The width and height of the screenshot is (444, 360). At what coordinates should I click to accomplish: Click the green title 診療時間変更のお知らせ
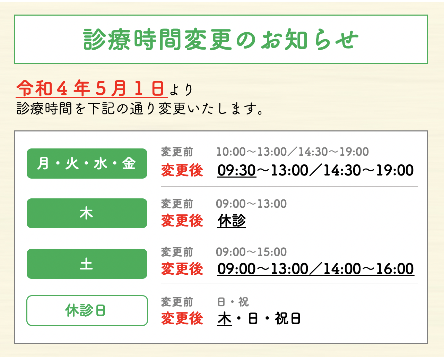coord(220,39)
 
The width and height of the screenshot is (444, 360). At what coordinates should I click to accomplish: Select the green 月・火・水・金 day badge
coord(87,163)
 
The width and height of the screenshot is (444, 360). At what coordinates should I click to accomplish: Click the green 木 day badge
coord(87,213)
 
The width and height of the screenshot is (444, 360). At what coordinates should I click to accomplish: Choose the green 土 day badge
coord(87,264)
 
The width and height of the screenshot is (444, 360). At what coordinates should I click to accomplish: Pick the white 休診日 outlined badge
coord(87,310)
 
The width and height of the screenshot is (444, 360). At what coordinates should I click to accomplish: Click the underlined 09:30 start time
coord(237,170)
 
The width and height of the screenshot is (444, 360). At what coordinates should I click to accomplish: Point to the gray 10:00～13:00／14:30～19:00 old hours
coord(293,152)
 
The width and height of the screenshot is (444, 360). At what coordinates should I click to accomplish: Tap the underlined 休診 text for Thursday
coord(232,221)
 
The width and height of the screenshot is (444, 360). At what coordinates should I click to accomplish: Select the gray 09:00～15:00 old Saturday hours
coord(251,252)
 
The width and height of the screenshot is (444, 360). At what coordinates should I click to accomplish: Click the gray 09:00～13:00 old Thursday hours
coord(251,204)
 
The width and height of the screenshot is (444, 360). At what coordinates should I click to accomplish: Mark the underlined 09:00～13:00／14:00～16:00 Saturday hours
coord(316,269)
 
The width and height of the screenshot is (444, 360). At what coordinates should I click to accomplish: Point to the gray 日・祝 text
coord(233,302)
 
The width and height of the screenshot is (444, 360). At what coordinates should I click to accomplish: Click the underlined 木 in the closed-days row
coord(225,319)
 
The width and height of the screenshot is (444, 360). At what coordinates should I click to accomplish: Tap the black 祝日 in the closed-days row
coord(288,318)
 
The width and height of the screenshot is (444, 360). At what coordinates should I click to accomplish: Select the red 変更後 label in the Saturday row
coord(182,269)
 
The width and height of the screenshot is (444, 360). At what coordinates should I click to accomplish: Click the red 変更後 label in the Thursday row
coord(182,221)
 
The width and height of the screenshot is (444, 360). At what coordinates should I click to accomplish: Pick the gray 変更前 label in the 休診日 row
coord(177,302)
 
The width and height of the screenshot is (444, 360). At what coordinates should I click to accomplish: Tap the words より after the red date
coord(181,90)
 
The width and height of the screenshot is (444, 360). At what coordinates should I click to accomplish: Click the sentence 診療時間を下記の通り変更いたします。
coord(140,109)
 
